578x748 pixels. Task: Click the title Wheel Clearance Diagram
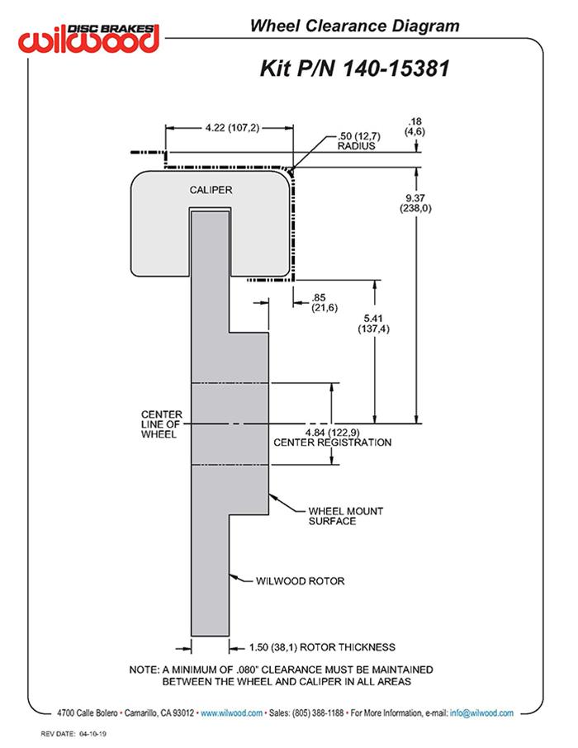(354, 26)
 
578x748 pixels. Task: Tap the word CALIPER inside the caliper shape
(211, 190)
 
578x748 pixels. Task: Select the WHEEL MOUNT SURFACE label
(345, 516)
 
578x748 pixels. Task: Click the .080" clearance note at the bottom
(282, 675)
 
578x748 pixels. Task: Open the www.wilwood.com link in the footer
(232, 712)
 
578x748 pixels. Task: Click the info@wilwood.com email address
(482, 712)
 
